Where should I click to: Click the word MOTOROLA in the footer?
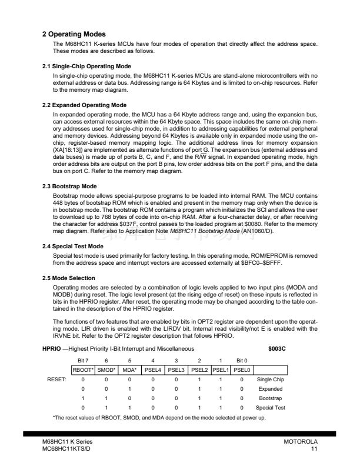tap(301, 441)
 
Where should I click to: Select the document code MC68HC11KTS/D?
tap(66, 449)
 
